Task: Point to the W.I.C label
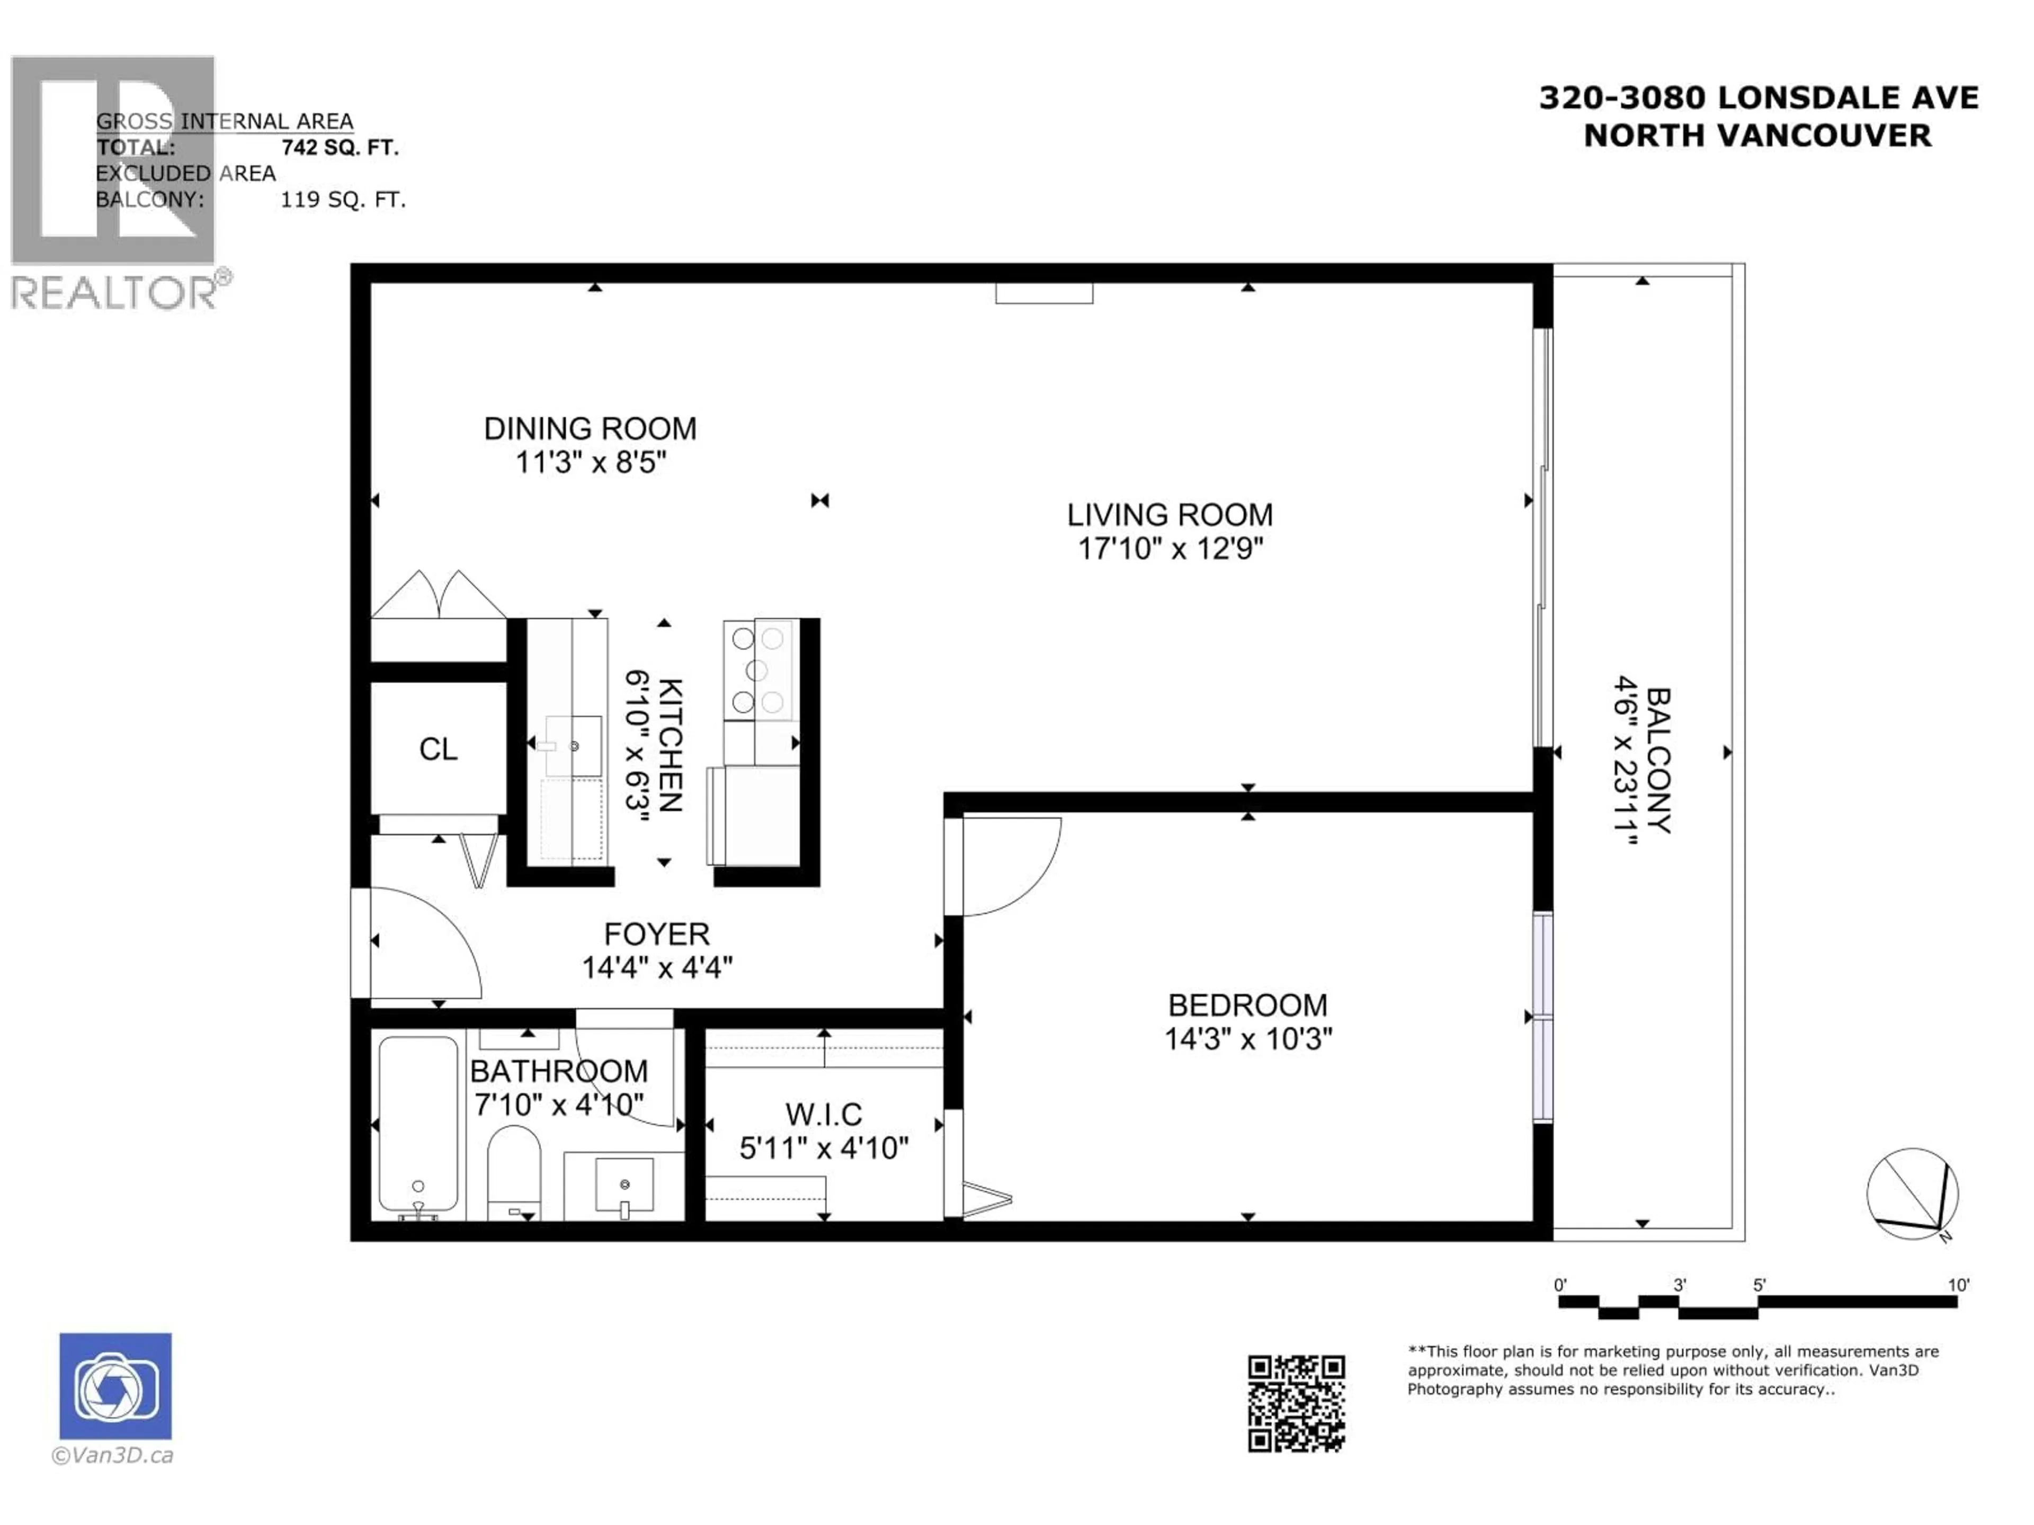823,1114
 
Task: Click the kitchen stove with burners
760,669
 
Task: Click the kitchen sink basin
574,746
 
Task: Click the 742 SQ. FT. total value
340,147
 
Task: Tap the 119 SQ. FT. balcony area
342,200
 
